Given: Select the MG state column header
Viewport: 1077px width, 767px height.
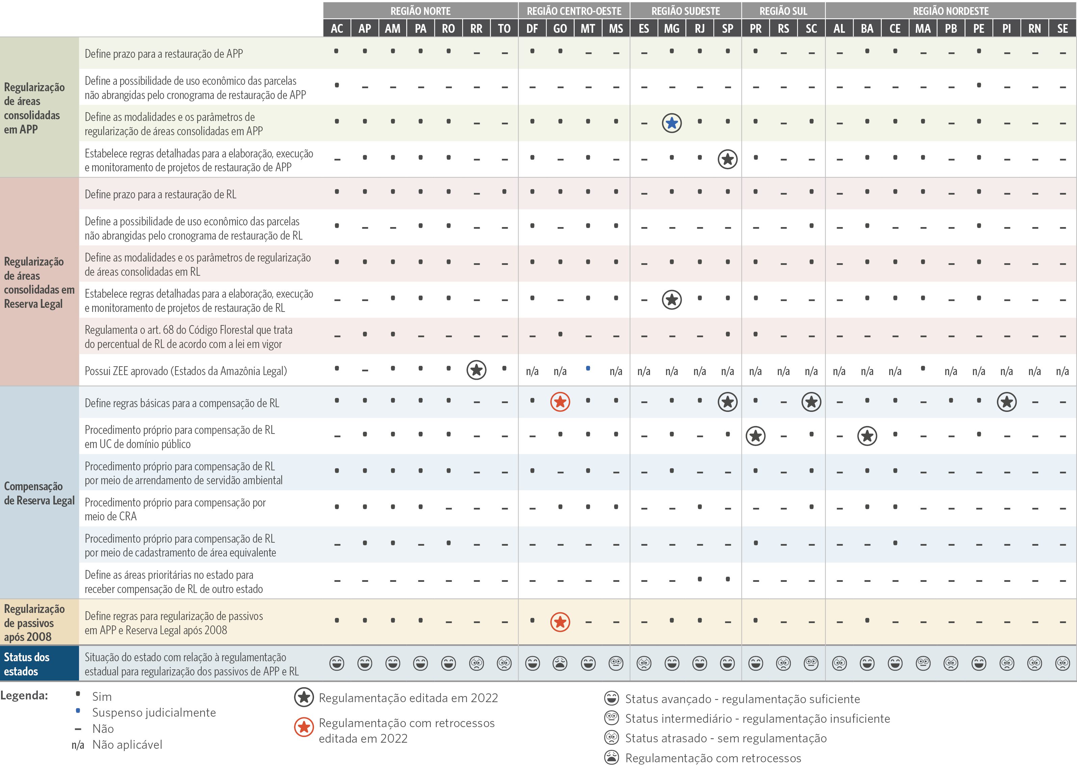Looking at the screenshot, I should coord(672,29).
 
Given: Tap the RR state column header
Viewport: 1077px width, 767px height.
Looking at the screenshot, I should coord(476,29).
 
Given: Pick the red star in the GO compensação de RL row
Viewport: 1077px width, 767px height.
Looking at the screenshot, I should coord(560,402).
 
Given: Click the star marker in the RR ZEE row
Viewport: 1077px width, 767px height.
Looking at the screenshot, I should coord(476,370).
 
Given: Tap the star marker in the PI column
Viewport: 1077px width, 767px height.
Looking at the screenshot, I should coord(1007,402).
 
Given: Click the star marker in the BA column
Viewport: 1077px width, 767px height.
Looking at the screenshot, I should coord(867,436).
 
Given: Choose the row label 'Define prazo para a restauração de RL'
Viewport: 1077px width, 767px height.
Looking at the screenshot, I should coord(160,194).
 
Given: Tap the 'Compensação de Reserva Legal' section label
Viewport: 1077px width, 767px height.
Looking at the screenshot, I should coord(39,493).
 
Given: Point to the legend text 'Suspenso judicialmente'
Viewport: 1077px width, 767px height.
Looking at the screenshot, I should coord(154,712).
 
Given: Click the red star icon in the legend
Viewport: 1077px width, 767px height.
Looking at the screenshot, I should coord(304,727).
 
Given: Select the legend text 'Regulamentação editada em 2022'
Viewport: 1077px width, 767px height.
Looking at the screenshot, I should coord(408,698).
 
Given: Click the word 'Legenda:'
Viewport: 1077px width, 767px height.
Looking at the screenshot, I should coord(24,695).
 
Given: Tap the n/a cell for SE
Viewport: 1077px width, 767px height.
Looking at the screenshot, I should coord(1062,371).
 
